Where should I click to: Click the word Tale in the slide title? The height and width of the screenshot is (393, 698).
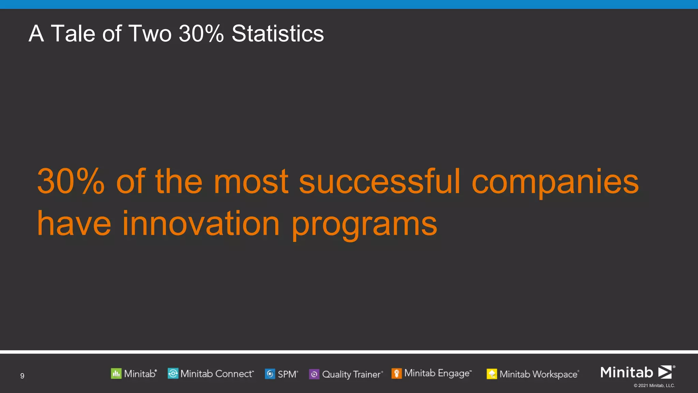point(73,33)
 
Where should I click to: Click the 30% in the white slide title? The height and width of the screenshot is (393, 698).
point(201,33)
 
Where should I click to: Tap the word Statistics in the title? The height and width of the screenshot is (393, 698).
point(277,33)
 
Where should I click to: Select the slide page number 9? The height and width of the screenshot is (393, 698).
point(22,376)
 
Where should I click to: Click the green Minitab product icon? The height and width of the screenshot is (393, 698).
point(116,374)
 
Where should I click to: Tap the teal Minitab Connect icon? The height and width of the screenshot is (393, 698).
point(173,374)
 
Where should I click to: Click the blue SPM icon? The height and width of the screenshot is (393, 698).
point(270,374)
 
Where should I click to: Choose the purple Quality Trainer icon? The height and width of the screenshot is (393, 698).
point(314,374)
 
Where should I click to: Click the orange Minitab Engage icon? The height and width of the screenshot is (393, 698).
point(396,373)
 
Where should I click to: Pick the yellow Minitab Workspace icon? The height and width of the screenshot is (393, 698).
point(491,374)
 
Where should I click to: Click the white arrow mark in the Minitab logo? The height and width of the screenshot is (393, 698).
point(665,372)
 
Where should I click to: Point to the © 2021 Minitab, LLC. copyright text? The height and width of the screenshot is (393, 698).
point(654,385)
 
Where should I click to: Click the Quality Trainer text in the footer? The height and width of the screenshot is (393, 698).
point(351,374)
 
